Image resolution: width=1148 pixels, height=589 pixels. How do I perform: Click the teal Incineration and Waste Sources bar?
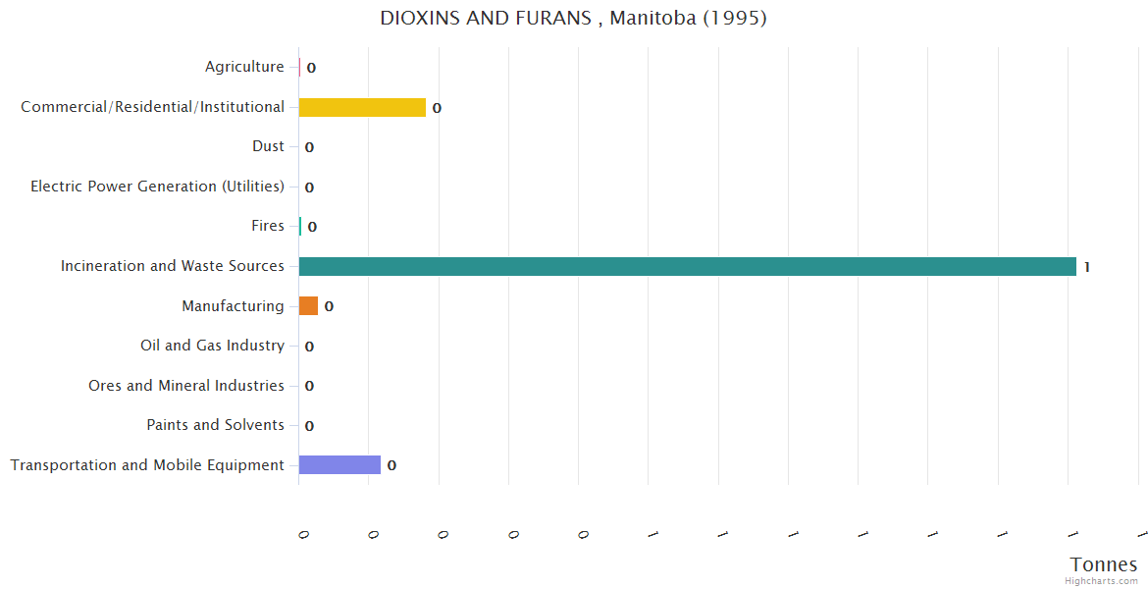687,266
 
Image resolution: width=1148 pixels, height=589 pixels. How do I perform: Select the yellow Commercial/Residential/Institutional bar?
362,107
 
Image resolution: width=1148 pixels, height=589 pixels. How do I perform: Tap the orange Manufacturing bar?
308,306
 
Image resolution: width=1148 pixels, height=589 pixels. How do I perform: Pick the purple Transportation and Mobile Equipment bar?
339,465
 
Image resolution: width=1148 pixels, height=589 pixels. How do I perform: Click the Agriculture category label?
244,67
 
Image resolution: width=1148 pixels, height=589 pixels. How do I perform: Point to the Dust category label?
268,146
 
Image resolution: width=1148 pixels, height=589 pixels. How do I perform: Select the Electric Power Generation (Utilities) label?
157,187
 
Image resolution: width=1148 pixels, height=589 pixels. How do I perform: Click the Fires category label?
268,226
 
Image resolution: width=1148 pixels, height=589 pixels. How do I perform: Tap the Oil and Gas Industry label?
212,346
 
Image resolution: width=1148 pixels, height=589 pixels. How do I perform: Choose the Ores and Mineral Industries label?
186,386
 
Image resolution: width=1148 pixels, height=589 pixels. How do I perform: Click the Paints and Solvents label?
215,425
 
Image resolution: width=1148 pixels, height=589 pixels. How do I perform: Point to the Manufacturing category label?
233,306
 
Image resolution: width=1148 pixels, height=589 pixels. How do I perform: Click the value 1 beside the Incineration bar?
1087,267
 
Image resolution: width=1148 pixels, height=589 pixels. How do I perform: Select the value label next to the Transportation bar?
391,465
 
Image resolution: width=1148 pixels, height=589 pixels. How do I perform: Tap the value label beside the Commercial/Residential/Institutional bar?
437,108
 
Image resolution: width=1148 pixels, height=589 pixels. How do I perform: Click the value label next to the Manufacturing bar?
329,306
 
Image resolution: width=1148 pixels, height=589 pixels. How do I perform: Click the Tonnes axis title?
1103,564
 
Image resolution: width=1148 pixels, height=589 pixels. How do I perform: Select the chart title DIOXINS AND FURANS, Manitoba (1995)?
573,18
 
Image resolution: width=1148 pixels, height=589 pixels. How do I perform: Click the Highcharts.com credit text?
1101,581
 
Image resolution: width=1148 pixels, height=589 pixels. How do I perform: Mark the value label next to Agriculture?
311,68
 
